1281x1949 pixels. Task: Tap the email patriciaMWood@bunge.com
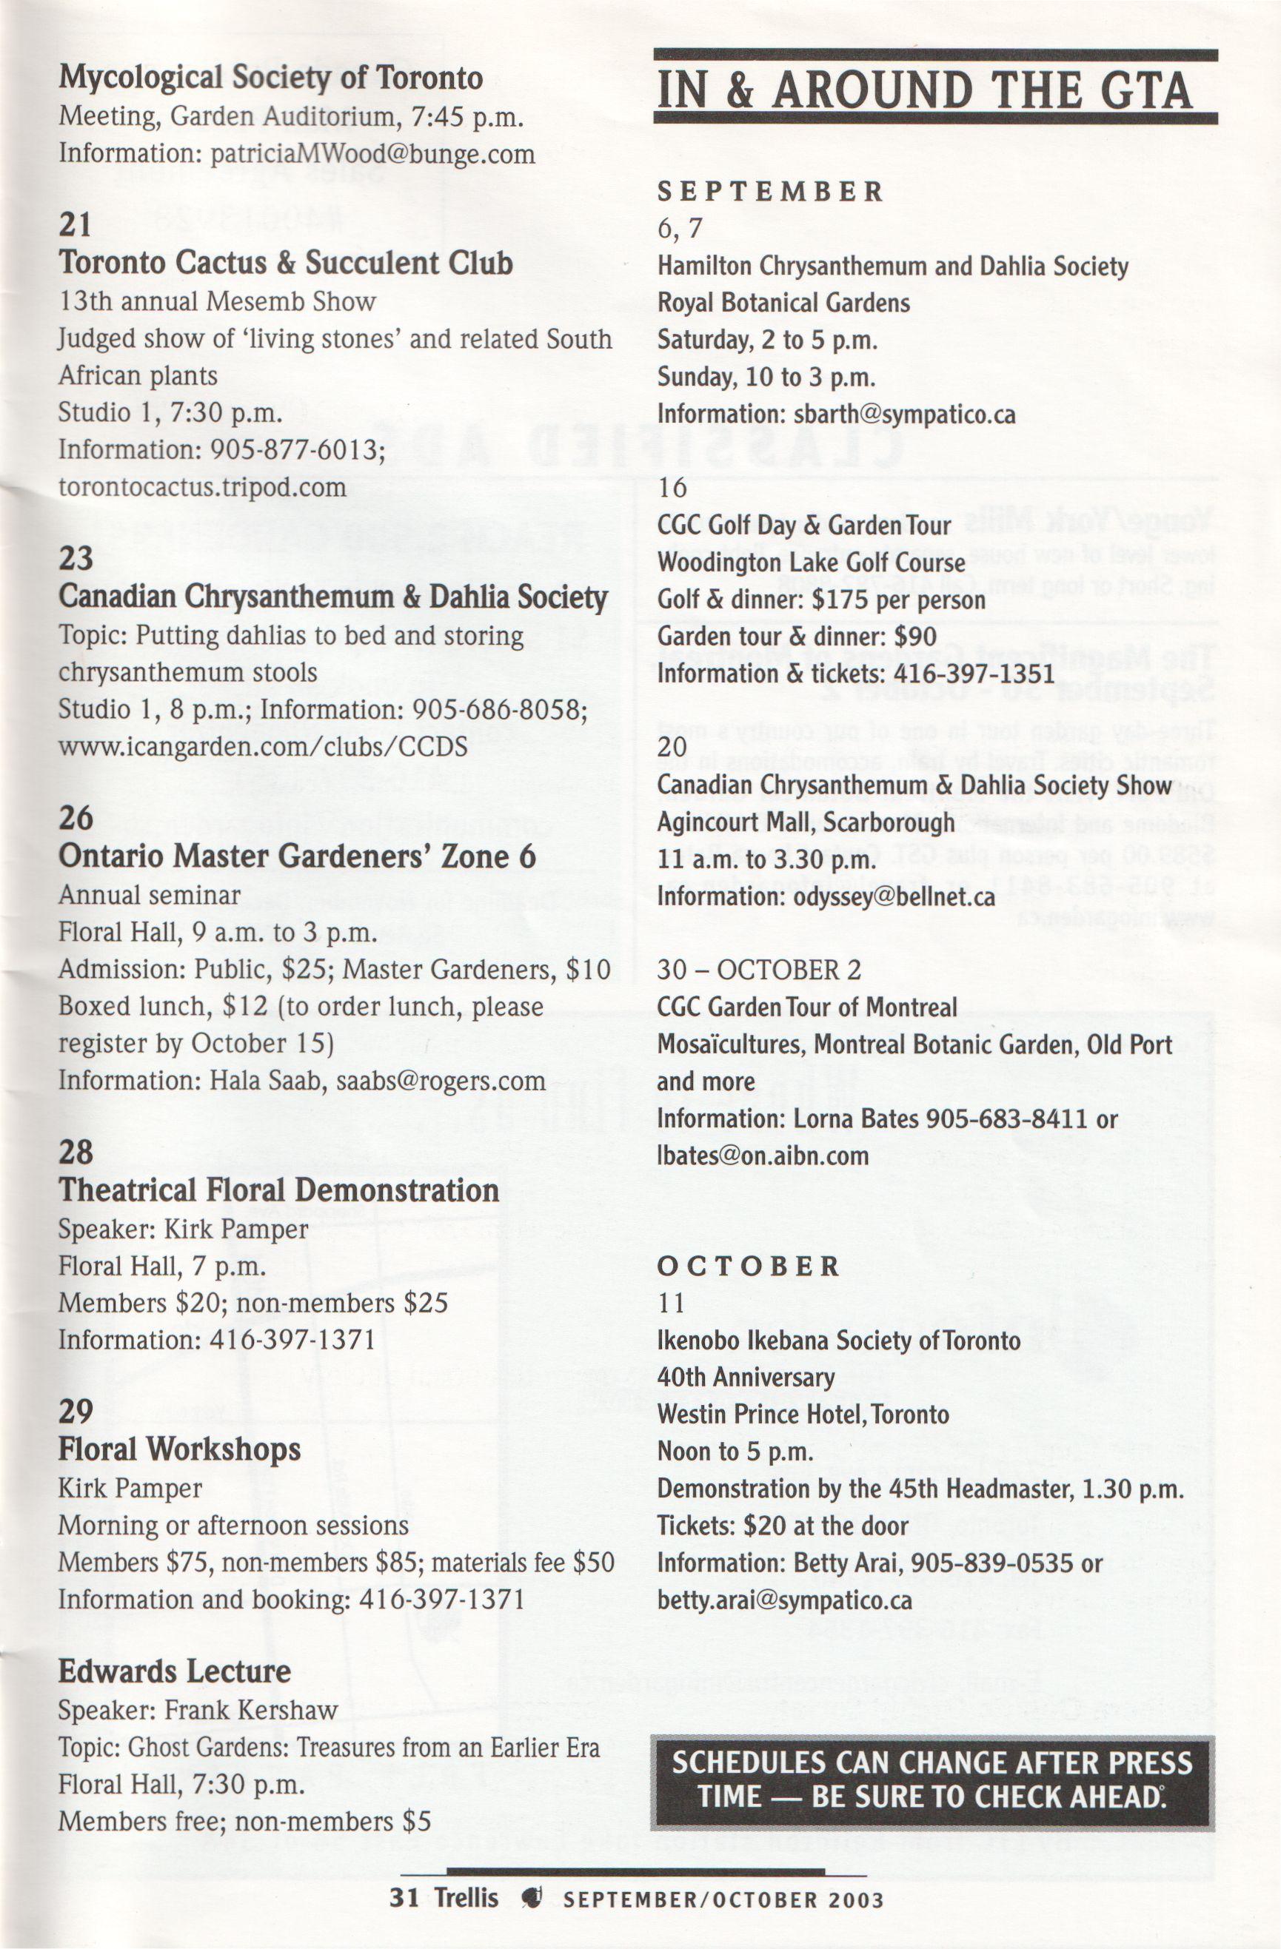(x=372, y=154)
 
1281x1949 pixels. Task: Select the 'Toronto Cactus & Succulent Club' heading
(x=286, y=263)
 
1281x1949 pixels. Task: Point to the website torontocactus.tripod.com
(x=201, y=487)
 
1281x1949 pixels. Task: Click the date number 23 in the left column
(x=76, y=558)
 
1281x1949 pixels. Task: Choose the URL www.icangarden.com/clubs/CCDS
(x=262, y=747)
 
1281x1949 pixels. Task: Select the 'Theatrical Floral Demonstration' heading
(x=278, y=1190)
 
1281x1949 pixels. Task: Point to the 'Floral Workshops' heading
(x=179, y=1449)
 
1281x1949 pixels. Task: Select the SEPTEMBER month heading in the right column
(x=771, y=192)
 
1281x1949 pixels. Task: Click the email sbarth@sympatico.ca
(x=903, y=415)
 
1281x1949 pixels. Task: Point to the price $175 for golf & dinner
(x=849, y=600)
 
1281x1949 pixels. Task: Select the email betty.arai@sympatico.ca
(x=784, y=1600)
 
